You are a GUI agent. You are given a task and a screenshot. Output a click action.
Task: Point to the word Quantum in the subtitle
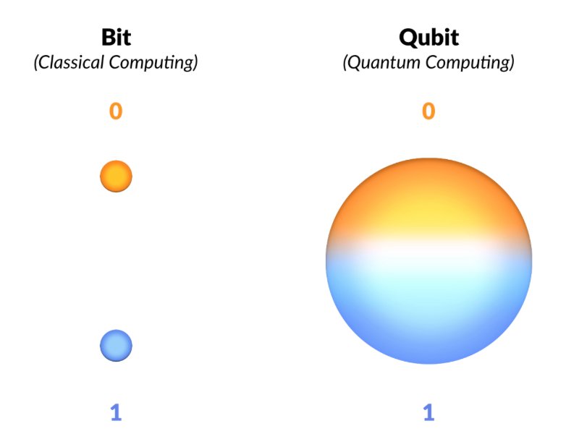click(x=382, y=62)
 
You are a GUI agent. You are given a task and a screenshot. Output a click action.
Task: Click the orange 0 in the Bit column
click(x=116, y=111)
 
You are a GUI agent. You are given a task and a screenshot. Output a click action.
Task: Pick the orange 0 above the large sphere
click(x=428, y=111)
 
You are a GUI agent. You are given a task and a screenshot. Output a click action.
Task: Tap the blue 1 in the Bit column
click(x=116, y=412)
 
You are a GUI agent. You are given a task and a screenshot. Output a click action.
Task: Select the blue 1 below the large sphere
click(x=428, y=412)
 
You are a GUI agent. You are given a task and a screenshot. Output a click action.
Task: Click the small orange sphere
click(x=116, y=176)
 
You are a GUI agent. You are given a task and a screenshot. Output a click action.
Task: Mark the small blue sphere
click(x=116, y=346)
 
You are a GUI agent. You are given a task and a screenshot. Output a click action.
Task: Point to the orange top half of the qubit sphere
click(x=428, y=203)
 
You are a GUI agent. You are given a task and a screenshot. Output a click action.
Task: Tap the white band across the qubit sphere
click(x=428, y=250)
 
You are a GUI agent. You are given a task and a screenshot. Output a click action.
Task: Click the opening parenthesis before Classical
click(x=36, y=63)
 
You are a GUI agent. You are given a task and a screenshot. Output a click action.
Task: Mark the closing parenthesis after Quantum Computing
click(x=512, y=63)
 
